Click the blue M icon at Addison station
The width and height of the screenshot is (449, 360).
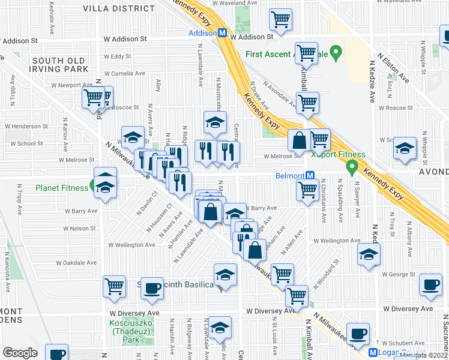[x=222, y=34]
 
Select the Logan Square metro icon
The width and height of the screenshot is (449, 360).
[x=373, y=353]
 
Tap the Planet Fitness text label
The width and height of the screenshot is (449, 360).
[x=62, y=188]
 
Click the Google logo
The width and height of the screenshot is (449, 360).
[x=20, y=353]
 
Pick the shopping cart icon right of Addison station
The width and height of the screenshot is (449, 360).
[x=280, y=20]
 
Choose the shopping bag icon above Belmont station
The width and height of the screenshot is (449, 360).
[x=298, y=141]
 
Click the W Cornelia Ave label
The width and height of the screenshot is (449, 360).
[x=127, y=73]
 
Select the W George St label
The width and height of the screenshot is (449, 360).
[x=399, y=274]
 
